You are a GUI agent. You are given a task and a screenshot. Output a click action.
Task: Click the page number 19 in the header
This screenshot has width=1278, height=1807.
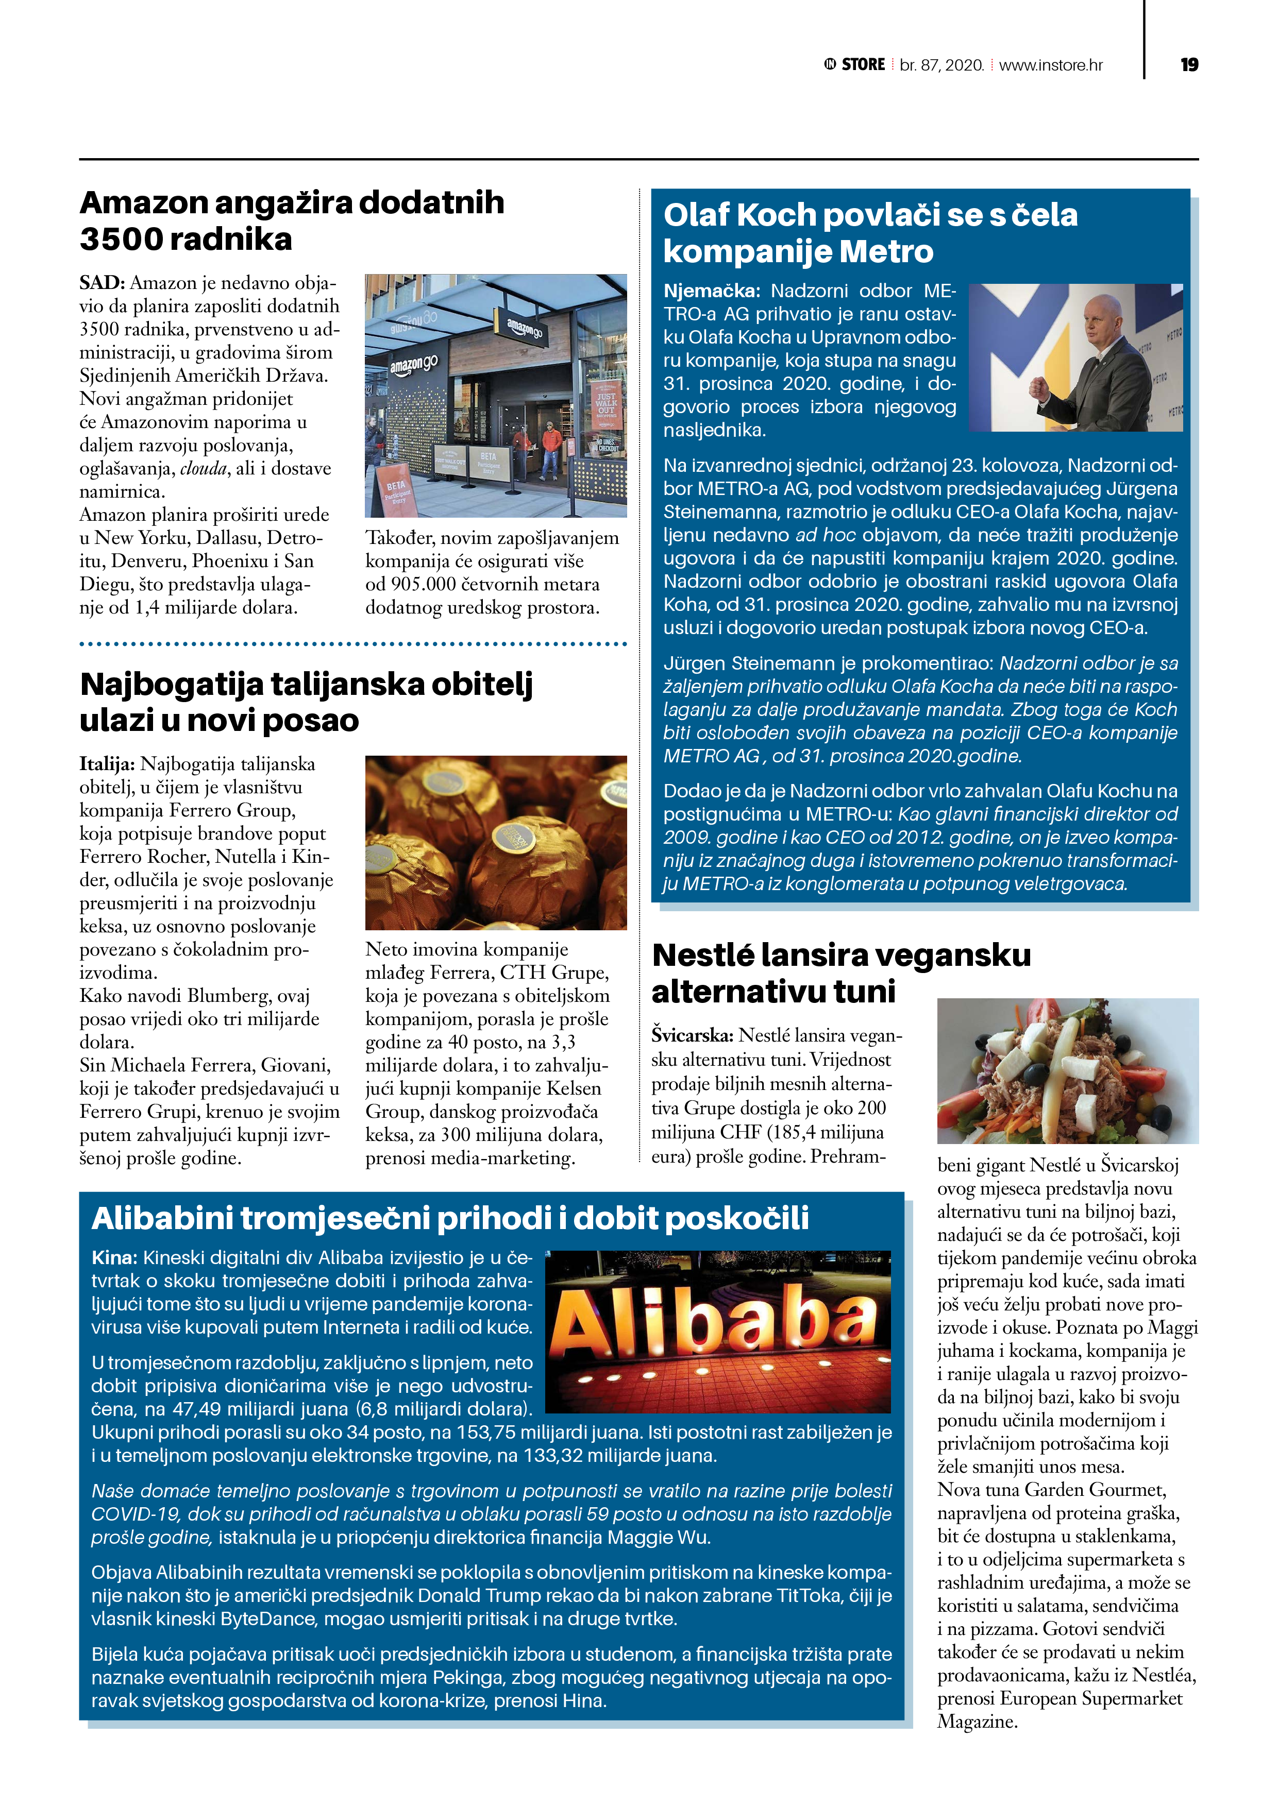click(x=1189, y=64)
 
